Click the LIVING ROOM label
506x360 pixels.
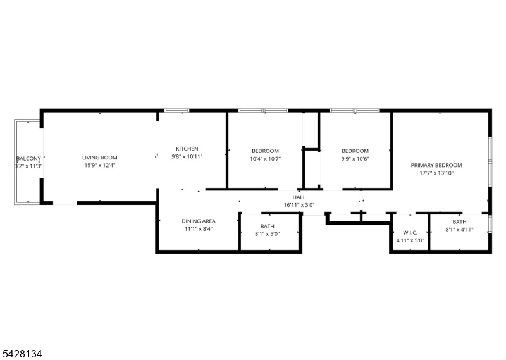[x=100, y=158]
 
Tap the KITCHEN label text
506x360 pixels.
[x=187, y=149]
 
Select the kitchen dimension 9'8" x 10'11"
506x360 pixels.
[x=187, y=157]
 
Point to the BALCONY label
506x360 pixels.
[x=28, y=159]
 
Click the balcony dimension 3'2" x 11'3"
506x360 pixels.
[x=28, y=166]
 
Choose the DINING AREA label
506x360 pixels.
[x=199, y=221]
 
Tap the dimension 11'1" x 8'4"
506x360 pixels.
[x=199, y=229]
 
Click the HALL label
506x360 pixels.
[x=299, y=197]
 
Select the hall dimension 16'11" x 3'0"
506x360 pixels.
[x=299, y=205]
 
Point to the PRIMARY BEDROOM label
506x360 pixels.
[x=436, y=165]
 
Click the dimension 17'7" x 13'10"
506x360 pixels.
[x=436, y=173]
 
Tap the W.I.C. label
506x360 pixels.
[x=410, y=232]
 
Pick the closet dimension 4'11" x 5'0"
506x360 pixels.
[x=410, y=240]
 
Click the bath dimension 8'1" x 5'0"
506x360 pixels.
[x=267, y=234]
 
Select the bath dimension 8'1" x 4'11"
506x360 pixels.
[x=459, y=230]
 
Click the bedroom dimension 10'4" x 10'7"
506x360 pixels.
[x=265, y=159]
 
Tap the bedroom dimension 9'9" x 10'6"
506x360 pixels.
[x=355, y=159]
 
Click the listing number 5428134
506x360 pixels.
[x=22, y=354]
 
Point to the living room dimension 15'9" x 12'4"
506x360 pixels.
[x=100, y=165]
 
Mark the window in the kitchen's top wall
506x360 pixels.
[x=177, y=111]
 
